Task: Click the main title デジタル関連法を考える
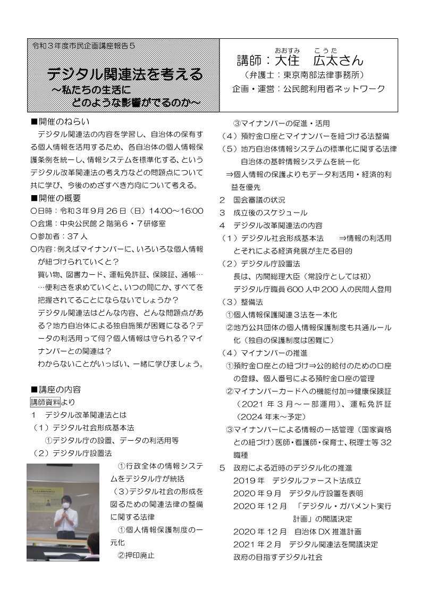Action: coord(125,74)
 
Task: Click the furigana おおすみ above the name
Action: coord(288,49)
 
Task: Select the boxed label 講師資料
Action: coord(45,401)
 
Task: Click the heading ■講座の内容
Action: coord(56,389)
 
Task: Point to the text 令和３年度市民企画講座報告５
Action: coord(83,46)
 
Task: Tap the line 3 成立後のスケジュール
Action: coord(263,213)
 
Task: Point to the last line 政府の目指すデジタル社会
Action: coord(277,557)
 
